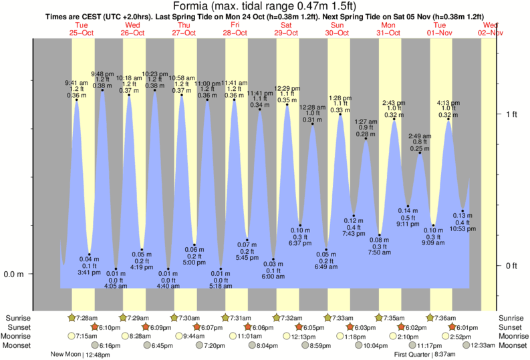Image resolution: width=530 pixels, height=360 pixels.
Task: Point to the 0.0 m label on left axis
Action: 15,274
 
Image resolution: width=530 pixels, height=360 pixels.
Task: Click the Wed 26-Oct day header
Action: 132,29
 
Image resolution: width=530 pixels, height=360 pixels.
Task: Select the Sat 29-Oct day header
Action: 286,29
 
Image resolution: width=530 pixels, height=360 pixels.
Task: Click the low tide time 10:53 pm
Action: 462,228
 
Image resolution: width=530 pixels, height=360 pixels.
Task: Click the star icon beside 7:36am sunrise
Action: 430,318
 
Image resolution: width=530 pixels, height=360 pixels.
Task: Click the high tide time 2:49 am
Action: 420,136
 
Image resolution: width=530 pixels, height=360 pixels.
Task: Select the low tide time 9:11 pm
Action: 407,224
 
